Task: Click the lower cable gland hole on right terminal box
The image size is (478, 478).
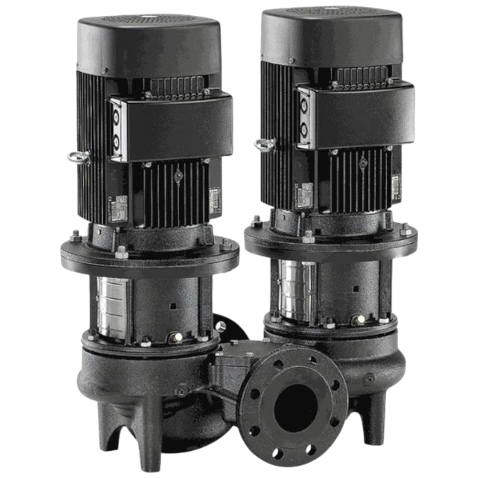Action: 303,128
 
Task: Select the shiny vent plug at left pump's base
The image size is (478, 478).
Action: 178,337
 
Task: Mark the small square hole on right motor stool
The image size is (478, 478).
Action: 356,289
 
